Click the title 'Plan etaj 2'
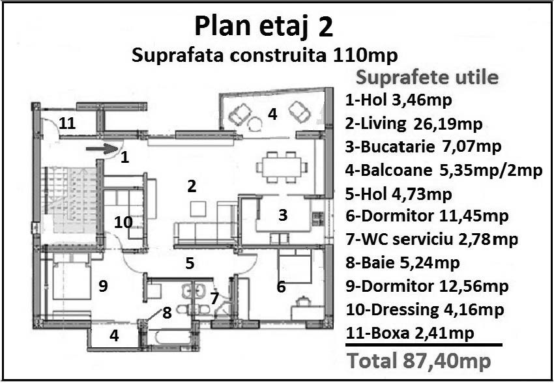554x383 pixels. click(263, 27)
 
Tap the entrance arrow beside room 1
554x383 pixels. click(102, 149)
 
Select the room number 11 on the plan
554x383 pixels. click(67, 124)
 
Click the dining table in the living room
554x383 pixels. click(282, 167)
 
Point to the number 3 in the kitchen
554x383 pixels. click(283, 216)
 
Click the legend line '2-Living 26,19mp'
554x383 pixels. click(414, 124)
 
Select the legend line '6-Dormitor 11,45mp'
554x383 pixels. click(427, 216)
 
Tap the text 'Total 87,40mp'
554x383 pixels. click(419, 361)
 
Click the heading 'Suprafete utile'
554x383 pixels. click(427, 78)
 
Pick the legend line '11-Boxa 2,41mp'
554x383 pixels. click(410, 333)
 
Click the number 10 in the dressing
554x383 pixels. click(123, 223)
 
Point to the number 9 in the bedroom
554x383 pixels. click(103, 287)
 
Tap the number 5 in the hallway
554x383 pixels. click(190, 263)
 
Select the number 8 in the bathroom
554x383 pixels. click(167, 313)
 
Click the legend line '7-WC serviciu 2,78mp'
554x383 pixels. click(431, 240)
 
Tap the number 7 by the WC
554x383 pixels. click(214, 298)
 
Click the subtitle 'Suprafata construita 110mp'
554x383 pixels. click(265, 55)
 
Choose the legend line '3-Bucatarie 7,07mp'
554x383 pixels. click(423, 147)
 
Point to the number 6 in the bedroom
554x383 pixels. click(282, 287)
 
